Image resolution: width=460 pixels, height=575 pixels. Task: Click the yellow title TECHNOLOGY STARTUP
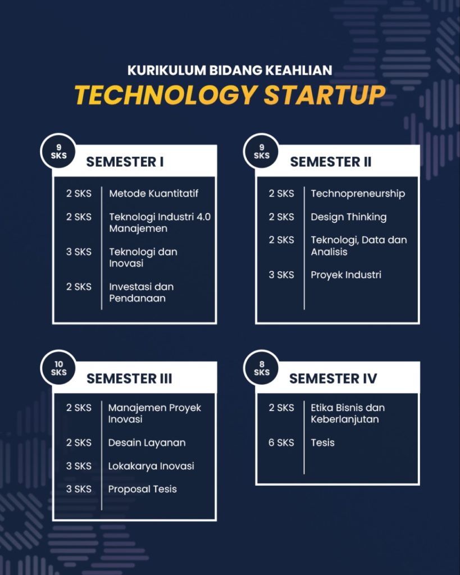[230, 95]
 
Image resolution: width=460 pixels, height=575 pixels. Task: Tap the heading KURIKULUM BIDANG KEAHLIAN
[230, 70]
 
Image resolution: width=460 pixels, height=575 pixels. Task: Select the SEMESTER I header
[125, 162]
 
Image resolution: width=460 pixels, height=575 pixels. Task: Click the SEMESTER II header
[330, 162]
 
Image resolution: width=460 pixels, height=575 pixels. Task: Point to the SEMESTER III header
[129, 378]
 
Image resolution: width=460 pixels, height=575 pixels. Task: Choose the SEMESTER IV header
[333, 378]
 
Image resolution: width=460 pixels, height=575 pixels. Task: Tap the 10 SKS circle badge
[58, 368]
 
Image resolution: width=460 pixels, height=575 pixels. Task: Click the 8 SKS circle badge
[262, 368]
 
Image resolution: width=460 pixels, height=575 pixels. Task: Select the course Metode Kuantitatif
[154, 193]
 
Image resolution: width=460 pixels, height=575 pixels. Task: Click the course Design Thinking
[348, 217]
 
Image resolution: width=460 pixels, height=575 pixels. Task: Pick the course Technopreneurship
[358, 194]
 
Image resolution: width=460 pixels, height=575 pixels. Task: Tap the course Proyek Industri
[346, 275]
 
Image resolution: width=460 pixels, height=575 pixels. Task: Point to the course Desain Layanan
[147, 443]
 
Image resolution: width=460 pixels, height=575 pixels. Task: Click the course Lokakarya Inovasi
[151, 466]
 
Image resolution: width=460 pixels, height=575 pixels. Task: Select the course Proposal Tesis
[142, 489]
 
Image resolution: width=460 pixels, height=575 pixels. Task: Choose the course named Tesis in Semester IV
[322, 442]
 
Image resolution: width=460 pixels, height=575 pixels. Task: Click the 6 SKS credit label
[281, 442]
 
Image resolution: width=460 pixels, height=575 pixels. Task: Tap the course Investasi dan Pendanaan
[141, 292]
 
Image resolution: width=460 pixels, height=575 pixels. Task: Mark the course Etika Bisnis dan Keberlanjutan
[348, 413]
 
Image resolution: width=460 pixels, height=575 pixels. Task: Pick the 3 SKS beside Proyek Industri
[281, 275]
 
